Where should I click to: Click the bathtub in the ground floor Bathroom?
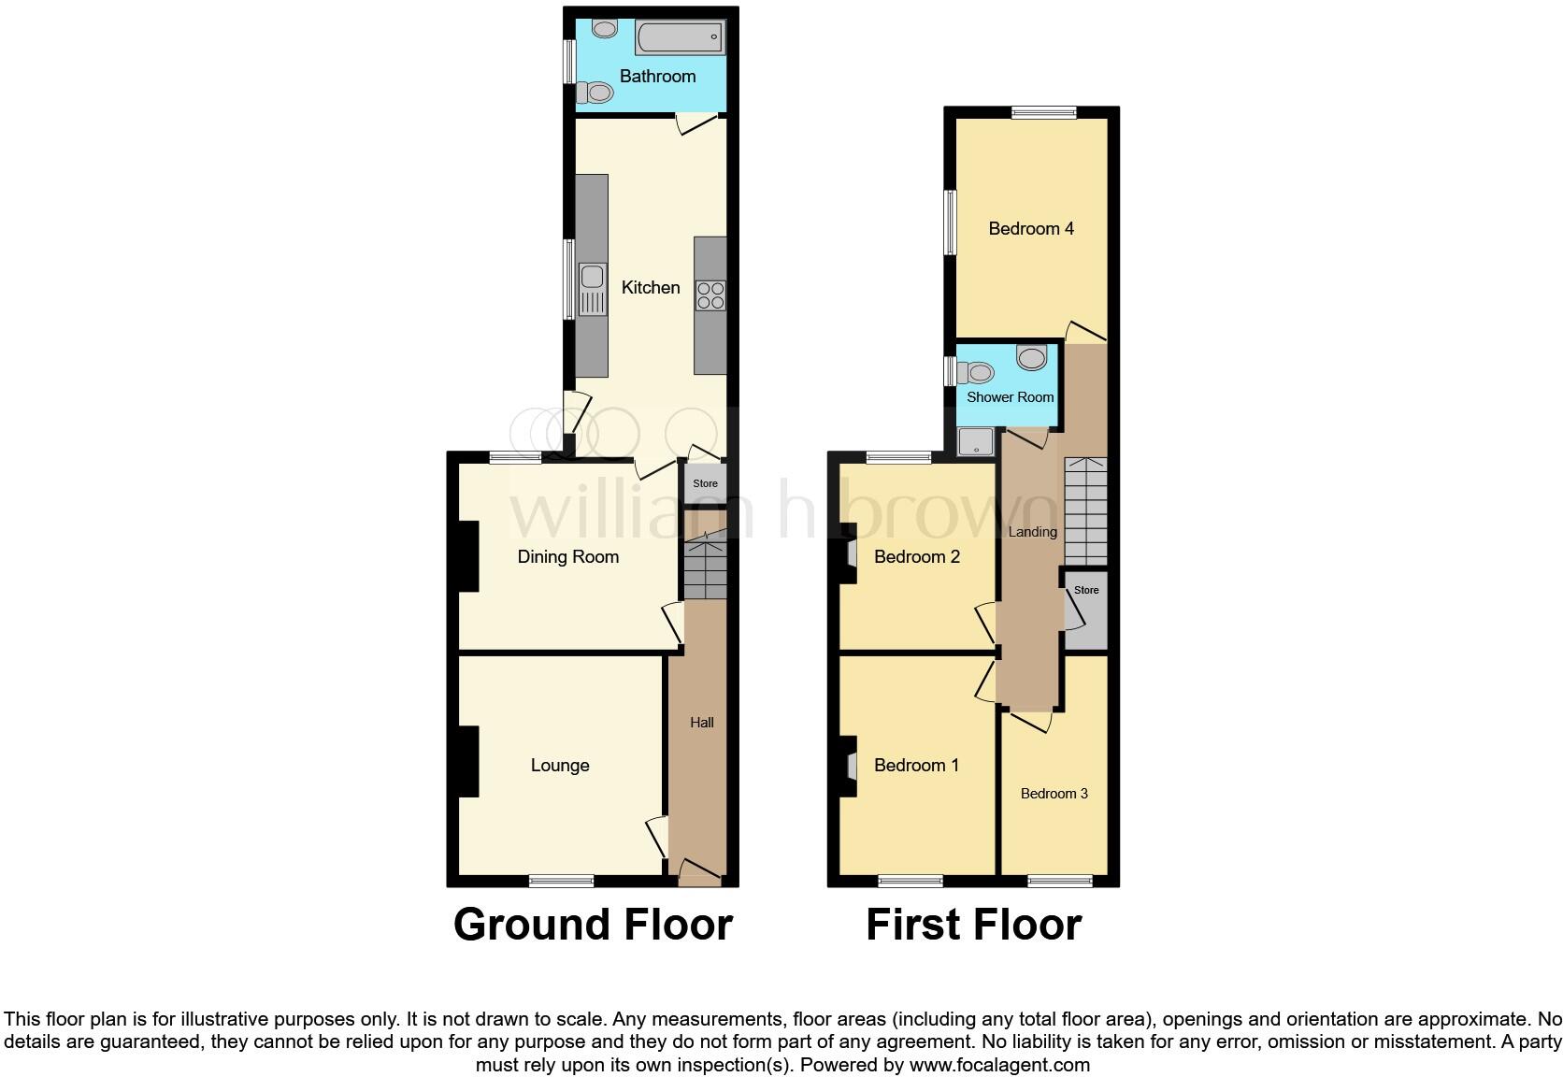680,37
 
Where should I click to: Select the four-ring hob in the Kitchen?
710,295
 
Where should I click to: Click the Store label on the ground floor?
706,483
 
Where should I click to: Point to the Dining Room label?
568,557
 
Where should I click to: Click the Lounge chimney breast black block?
466,761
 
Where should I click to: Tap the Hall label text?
702,722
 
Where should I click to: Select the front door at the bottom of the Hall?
699,874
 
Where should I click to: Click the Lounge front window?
561,881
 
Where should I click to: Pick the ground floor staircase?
706,567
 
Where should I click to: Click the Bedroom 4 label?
1031,229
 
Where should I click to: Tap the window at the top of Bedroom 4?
1044,112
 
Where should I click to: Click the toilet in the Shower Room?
976,372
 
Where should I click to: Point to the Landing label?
1033,532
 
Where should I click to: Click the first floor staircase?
1085,511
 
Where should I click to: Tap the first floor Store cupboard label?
1086,590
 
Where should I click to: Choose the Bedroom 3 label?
1054,794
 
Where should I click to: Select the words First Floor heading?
973,925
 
